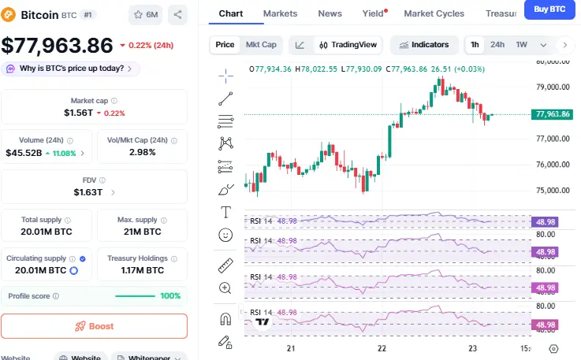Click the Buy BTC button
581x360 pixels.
(x=550, y=9)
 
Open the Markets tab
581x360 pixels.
(x=280, y=13)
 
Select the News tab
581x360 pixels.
(x=330, y=13)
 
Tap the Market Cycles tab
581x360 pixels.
(x=434, y=13)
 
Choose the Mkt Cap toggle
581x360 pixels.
(x=261, y=45)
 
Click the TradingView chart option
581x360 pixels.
(x=347, y=45)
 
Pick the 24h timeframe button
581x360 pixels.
(x=497, y=45)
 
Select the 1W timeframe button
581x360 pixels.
(x=521, y=45)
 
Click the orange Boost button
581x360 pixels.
(x=94, y=326)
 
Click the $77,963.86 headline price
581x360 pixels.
(x=58, y=46)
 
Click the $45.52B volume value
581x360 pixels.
(x=24, y=153)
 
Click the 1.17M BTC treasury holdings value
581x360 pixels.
(x=142, y=270)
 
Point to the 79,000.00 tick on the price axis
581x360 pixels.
(x=552, y=87)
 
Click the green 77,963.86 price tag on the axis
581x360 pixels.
(x=553, y=114)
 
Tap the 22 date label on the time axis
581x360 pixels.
(x=382, y=348)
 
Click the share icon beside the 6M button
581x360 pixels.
(x=177, y=14)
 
